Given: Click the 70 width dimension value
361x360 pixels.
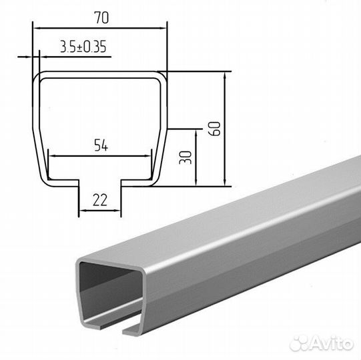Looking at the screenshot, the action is point(101,17).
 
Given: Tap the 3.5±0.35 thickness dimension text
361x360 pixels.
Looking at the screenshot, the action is point(83,47).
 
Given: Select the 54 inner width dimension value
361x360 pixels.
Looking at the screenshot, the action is point(101,145).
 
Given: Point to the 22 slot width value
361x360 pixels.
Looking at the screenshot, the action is point(100,200).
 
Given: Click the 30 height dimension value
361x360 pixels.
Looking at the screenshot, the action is point(186,157).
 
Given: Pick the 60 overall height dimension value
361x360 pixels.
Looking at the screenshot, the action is point(214,129).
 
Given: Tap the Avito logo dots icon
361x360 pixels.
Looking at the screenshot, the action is point(299,343).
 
